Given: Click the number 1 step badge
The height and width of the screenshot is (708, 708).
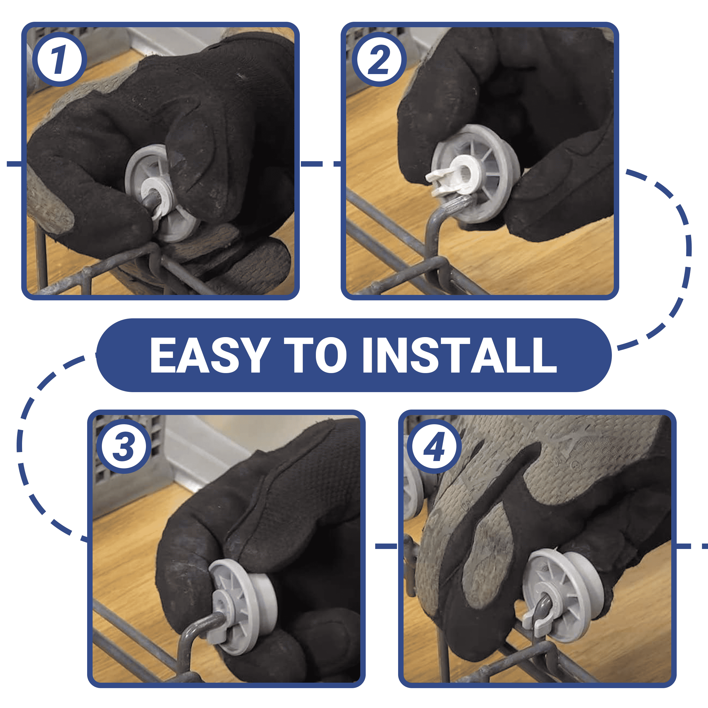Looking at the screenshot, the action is (60, 59).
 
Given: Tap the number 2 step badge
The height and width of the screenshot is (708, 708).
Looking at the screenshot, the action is (379, 59).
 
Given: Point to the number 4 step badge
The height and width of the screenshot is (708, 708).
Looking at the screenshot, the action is (435, 446).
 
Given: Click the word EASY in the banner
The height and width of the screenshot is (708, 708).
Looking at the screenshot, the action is (210, 355).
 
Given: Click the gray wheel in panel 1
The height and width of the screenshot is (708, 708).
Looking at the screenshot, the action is (161, 193).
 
